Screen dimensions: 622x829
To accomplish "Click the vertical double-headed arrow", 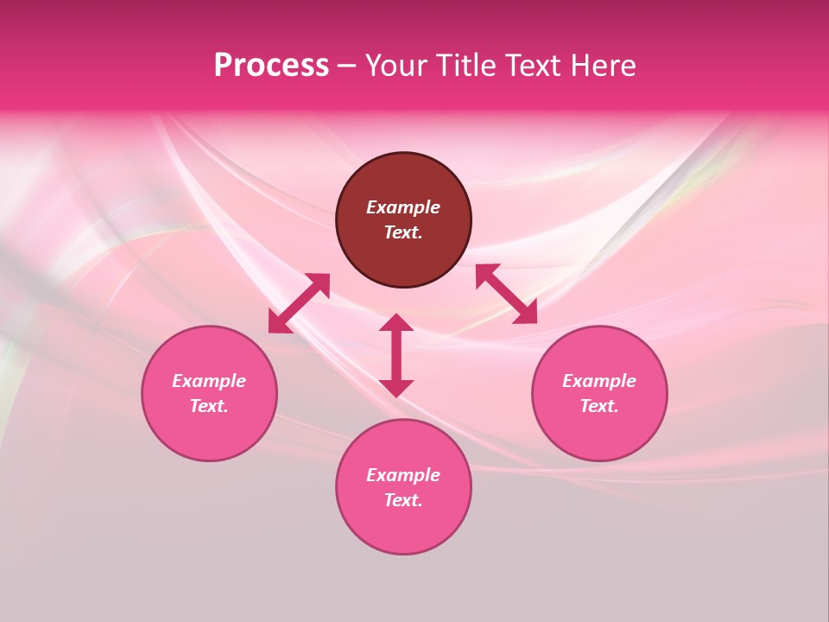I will coord(396,355).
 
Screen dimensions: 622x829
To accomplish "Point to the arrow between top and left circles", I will coord(299,303).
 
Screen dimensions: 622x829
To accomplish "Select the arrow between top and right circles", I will coord(506,294).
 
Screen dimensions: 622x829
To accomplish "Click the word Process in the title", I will coord(271,66).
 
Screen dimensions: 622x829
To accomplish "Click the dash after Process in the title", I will coord(346,67).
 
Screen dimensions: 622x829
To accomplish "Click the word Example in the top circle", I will coord(403,207).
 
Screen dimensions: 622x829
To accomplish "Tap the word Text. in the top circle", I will coord(403,232).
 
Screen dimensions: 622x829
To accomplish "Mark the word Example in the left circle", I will coord(209,381).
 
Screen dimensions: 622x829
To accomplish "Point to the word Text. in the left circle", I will coord(209,406).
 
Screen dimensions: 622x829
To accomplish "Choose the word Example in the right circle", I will coord(599,381).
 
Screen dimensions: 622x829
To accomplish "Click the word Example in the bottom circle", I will coord(403,475).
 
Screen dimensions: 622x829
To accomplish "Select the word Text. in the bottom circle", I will coord(403,500).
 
